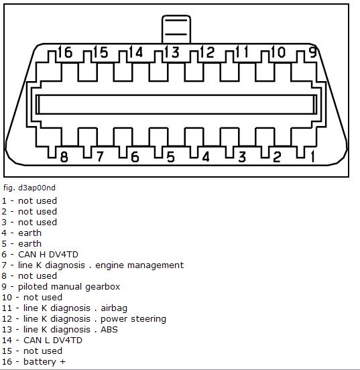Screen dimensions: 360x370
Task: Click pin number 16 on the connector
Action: pos(65,52)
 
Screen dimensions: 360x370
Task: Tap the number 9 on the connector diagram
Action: pos(313,52)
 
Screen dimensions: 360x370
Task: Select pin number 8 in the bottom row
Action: pos(64,157)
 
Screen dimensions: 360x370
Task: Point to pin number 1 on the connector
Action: pos(313,157)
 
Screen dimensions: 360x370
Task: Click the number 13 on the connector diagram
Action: pos(172,52)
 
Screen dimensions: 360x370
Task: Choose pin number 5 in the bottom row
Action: pos(171,157)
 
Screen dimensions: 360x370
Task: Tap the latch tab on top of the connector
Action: pos(176,29)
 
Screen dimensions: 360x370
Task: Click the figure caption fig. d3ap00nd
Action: pos(29,188)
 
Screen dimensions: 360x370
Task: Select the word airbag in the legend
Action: pos(114,308)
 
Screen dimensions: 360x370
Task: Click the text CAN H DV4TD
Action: pos(48,255)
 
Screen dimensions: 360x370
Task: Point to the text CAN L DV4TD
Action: pos(53,341)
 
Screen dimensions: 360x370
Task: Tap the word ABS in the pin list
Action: pos(109,329)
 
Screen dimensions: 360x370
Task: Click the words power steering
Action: pos(133,319)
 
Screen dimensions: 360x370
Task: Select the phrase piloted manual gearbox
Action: pos(69,287)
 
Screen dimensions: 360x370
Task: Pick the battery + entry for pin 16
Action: pos(44,362)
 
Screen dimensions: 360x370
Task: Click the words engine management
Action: pos(139,265)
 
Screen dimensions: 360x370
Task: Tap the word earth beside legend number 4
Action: pos(29,233)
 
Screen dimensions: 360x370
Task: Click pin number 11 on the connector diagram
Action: pos(242,52)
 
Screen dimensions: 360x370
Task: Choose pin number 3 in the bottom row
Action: pos(242,157)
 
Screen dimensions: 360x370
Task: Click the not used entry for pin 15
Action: pos(43,351)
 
